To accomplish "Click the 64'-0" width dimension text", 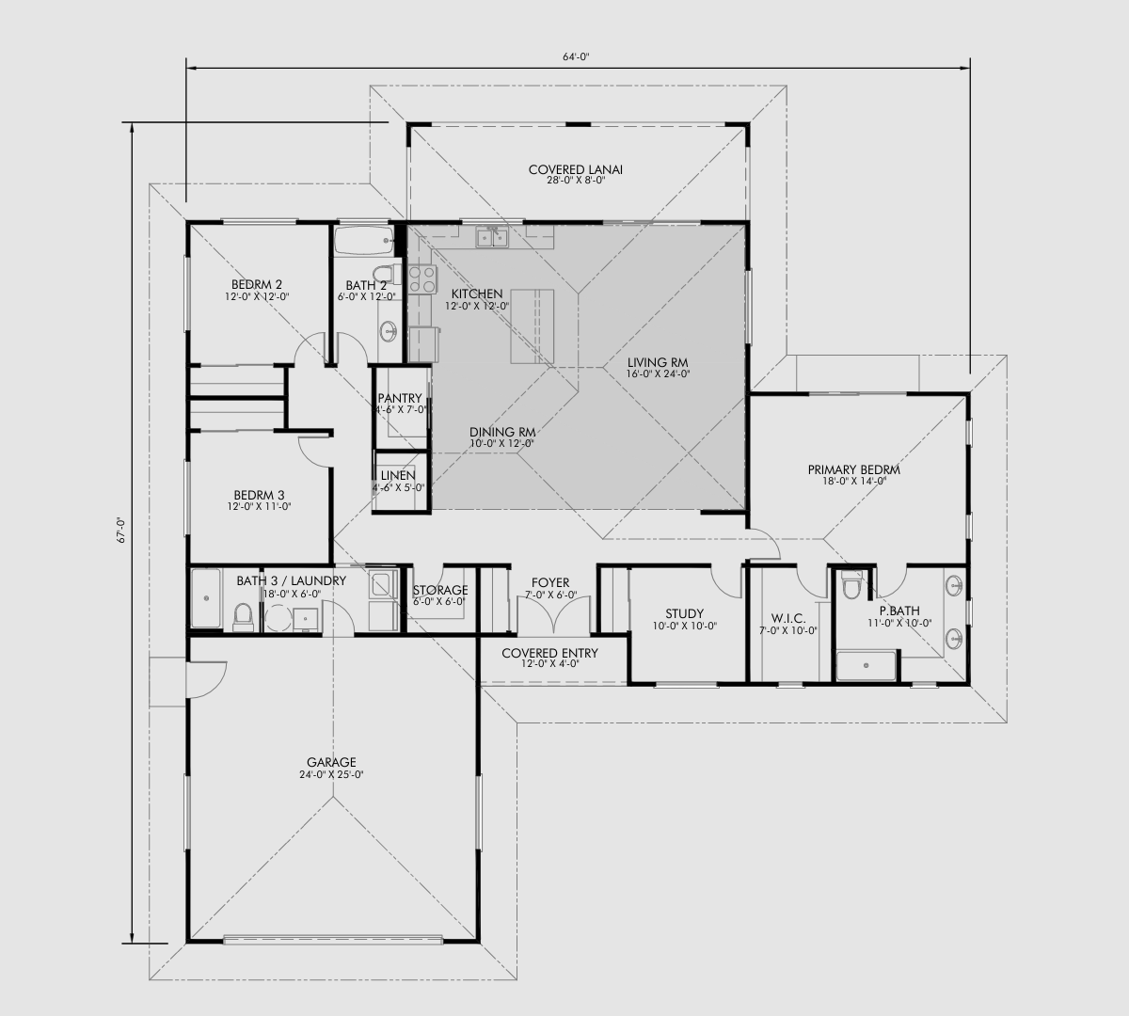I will click(x=576, y=56).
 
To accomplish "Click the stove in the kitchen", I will click(x=422, y=279).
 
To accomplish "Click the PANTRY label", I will click(x=400, y=399).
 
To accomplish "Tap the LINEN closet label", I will click(x=398, y=476).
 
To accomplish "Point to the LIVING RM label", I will click(x=659, y=362).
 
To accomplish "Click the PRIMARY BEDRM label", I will click(x=853, y=469).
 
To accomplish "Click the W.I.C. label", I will click(x=787, y=618).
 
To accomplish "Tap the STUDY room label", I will click(x=684, y=614).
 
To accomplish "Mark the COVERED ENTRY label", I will click(x=549, y=653).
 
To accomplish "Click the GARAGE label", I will click(x=331, y=762).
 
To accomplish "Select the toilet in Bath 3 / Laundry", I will click(x=243, y=616).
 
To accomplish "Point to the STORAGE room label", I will click(x=439, y=591).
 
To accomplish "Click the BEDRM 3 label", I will click(x=259, y=495).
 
